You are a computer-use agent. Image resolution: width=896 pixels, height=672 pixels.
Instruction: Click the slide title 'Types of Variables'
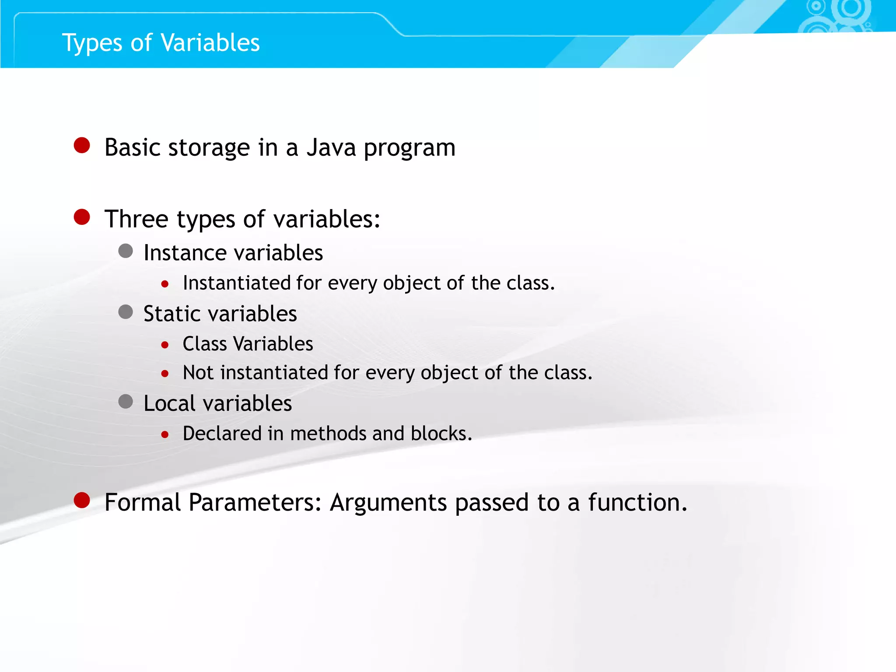click(161, 43)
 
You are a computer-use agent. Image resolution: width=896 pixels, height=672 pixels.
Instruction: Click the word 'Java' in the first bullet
click(331, 147)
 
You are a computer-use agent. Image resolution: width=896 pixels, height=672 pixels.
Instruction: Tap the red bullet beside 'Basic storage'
click(82, 145)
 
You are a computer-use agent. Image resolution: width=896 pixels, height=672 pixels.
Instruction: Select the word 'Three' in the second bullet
click(136, 219)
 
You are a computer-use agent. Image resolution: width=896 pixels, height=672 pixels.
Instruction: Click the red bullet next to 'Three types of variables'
click(82, 217)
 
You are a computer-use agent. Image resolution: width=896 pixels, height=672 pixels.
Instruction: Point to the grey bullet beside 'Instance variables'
click(126, 251)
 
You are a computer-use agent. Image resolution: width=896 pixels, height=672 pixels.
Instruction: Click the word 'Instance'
click(185, 253)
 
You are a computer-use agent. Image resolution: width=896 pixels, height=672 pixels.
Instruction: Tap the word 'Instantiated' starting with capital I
click(236, 283)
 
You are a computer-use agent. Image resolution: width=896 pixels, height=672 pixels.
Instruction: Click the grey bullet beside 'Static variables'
click(126, 312)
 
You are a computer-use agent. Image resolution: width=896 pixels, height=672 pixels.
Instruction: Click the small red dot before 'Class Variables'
click(165, 345)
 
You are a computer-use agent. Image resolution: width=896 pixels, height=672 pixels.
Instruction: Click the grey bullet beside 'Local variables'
click(126, 401)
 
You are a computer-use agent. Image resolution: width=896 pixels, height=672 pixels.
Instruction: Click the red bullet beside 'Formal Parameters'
click(82, 500)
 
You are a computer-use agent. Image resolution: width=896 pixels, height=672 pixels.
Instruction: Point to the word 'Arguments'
click(388, 502)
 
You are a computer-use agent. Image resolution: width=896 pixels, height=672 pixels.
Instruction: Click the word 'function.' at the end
click(637, 502)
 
